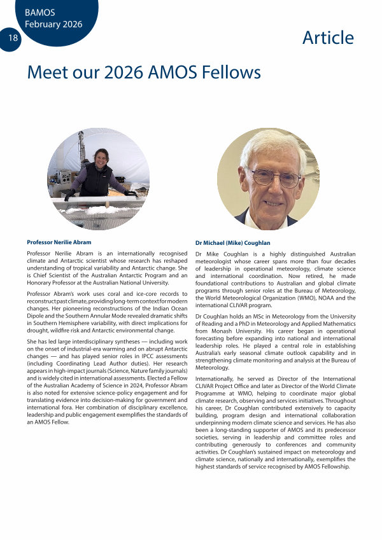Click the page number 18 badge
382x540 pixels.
pyautogui.click(x=12, y=38)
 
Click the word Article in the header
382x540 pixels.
pyautogui.click(x=328, y=38)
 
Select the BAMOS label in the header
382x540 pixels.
pyautogui.click(x=40, y=12)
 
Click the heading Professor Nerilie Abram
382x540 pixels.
pyautogui.click(x=59, y=242)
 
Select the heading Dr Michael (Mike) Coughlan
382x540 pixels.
pyautogui.click(x=232, y=243)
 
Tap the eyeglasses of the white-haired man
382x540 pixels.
pyautogui.click(x=274, y=178)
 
